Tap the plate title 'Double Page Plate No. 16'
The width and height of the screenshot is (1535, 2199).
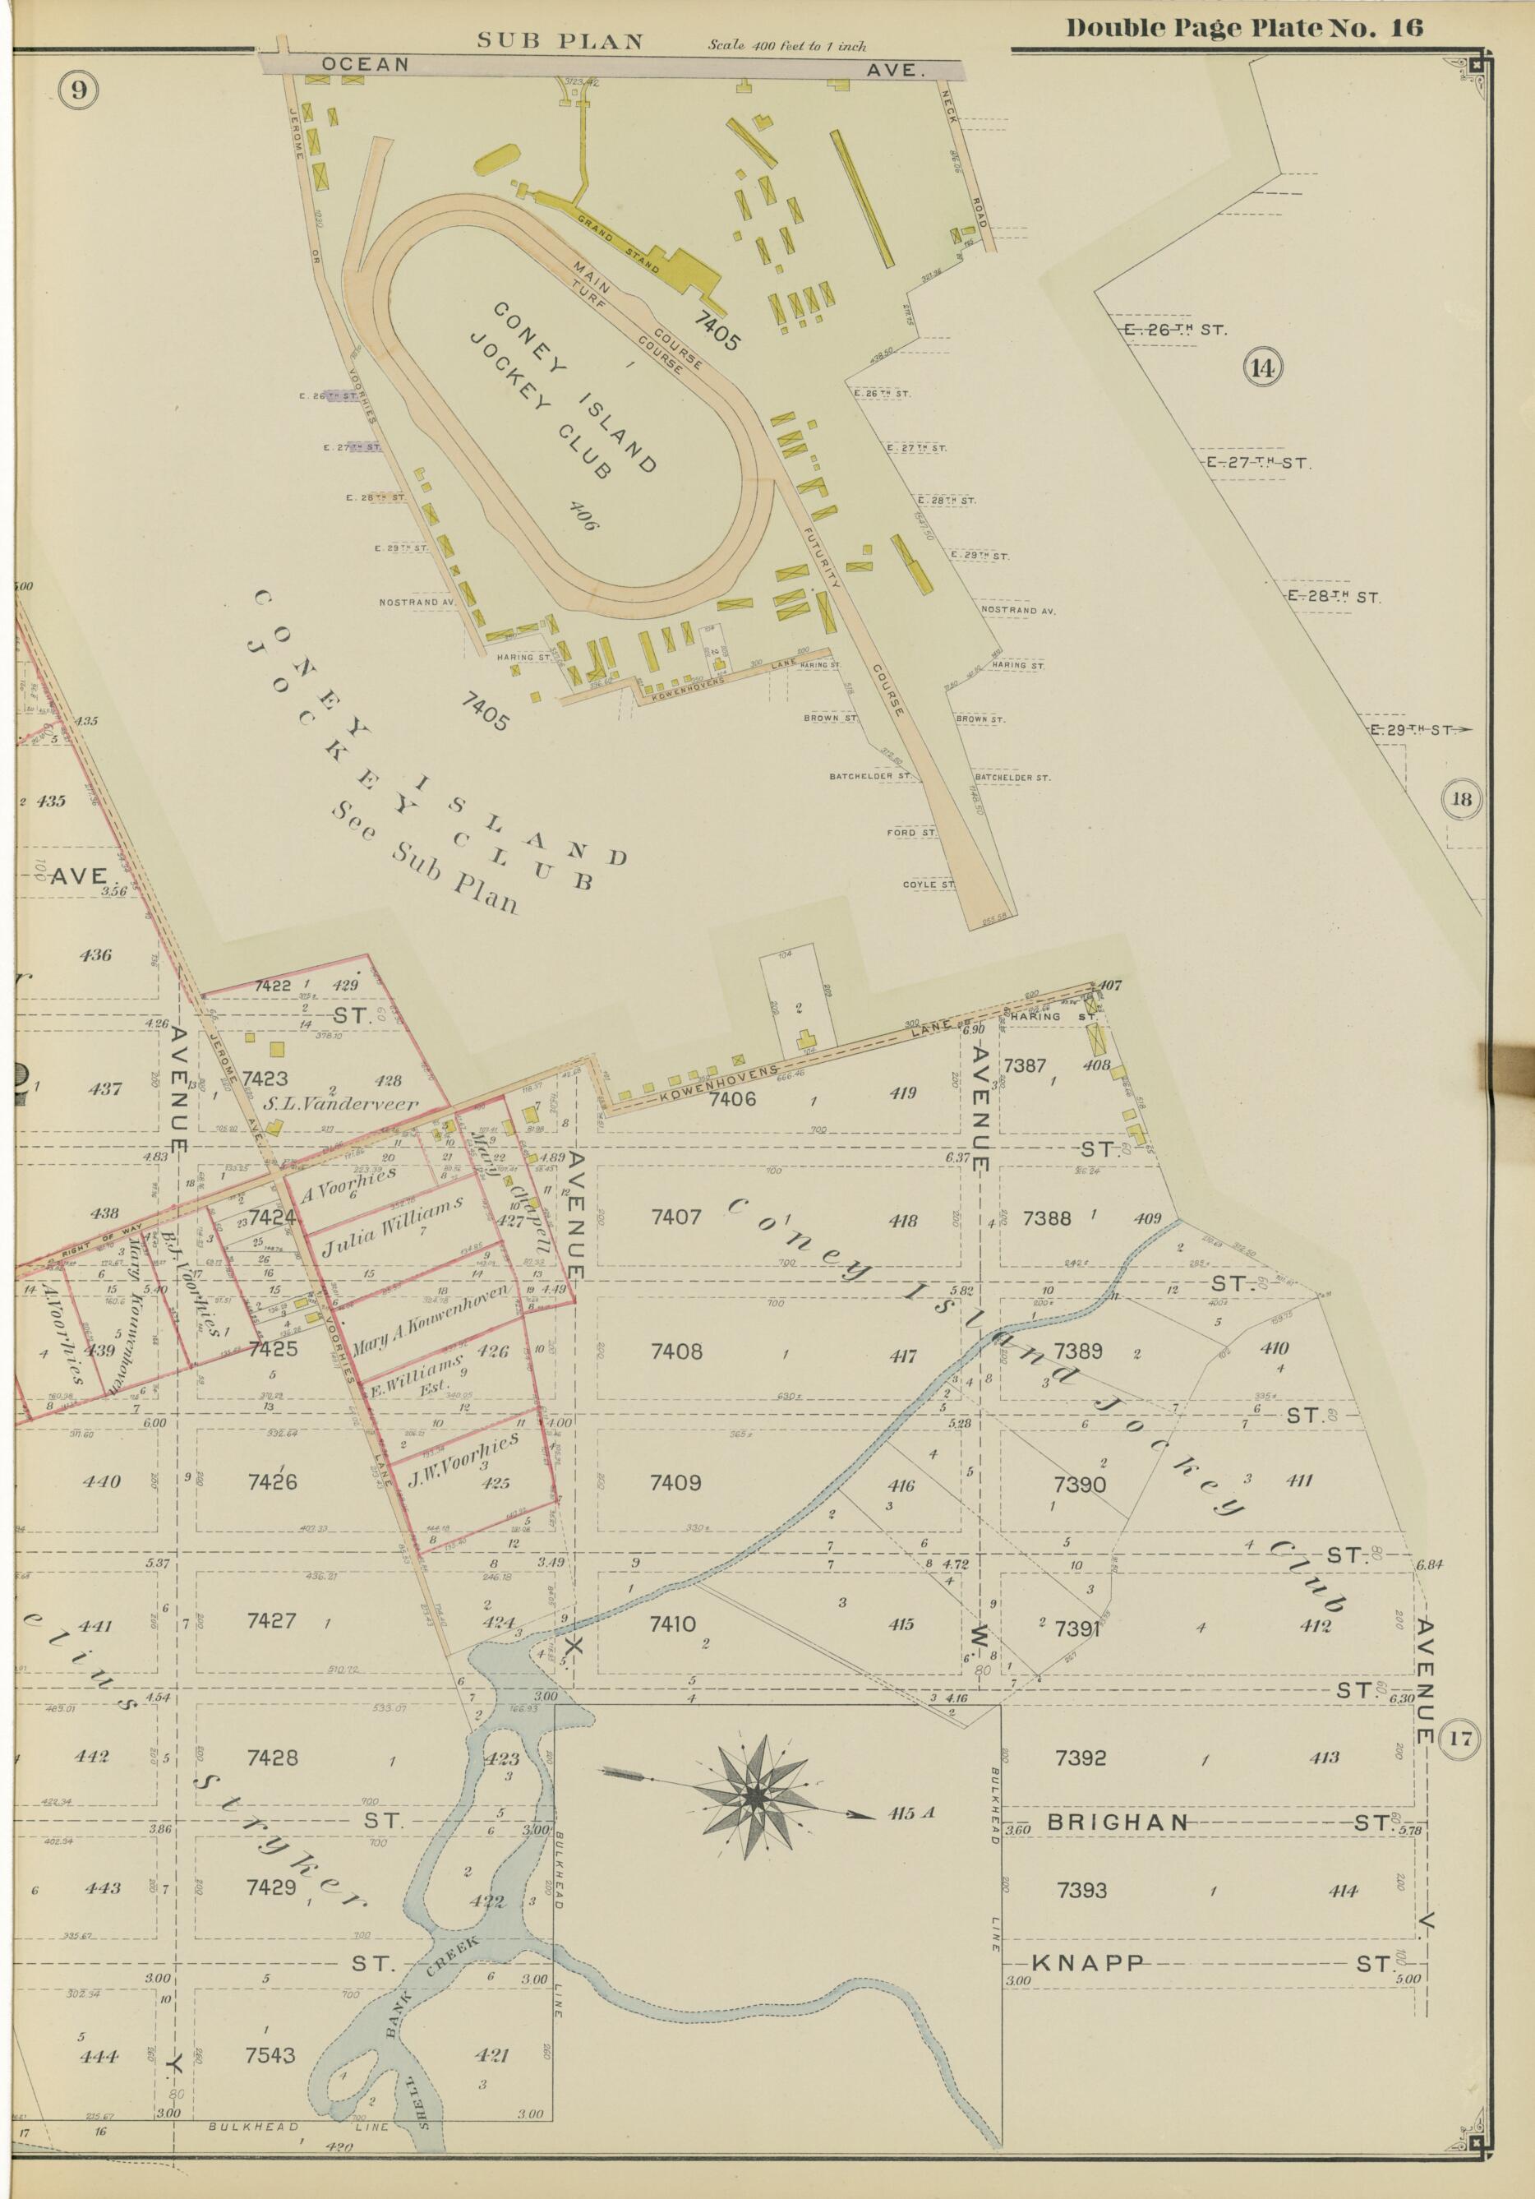pyautogui.click(x=1245, y=28)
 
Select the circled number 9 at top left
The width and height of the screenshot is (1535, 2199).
pyautogui.click(x=77, y=91)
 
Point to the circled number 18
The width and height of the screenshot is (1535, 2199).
pyautogui.click(x=1464, y=798)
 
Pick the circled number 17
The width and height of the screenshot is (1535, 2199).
pyautogui.click(x=1464, y=1736)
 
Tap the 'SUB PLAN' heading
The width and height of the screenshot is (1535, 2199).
pyautogui.click(x=560, y=41)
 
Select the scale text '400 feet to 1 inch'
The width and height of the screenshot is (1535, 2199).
pyautogui.click(x=787, y=45)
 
